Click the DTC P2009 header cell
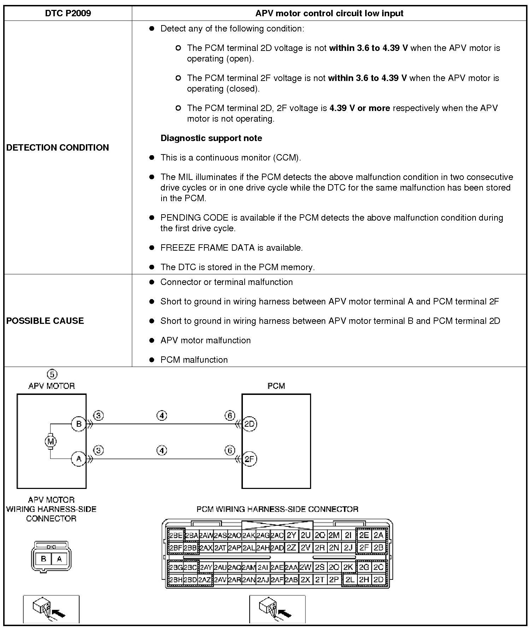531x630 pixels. point(68,13)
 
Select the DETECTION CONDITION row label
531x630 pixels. point(58,147)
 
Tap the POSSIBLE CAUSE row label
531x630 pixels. point(45,321)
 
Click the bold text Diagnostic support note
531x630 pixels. point(211,138)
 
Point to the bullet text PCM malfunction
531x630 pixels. point(194,360)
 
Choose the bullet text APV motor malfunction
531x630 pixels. point(205,340)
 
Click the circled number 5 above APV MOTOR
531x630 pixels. point(52,374)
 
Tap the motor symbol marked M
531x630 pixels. point(50,441)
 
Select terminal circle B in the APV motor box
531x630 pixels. point(78,424)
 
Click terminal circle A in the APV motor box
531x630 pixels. point(78,459)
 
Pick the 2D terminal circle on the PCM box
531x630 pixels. point(250,424)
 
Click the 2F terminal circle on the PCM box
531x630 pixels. point(250,459)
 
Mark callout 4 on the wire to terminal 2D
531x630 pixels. point(162,416)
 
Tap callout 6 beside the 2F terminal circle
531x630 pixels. point(230,450)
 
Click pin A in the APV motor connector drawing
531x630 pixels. point(59,559)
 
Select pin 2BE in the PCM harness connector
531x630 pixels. point(175,535)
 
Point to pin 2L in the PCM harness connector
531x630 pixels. point(350,580)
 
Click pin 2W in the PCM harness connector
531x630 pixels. point(305,567)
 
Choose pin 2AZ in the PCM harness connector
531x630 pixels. point(205,580)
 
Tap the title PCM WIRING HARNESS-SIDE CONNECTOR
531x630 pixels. point(277,509)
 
